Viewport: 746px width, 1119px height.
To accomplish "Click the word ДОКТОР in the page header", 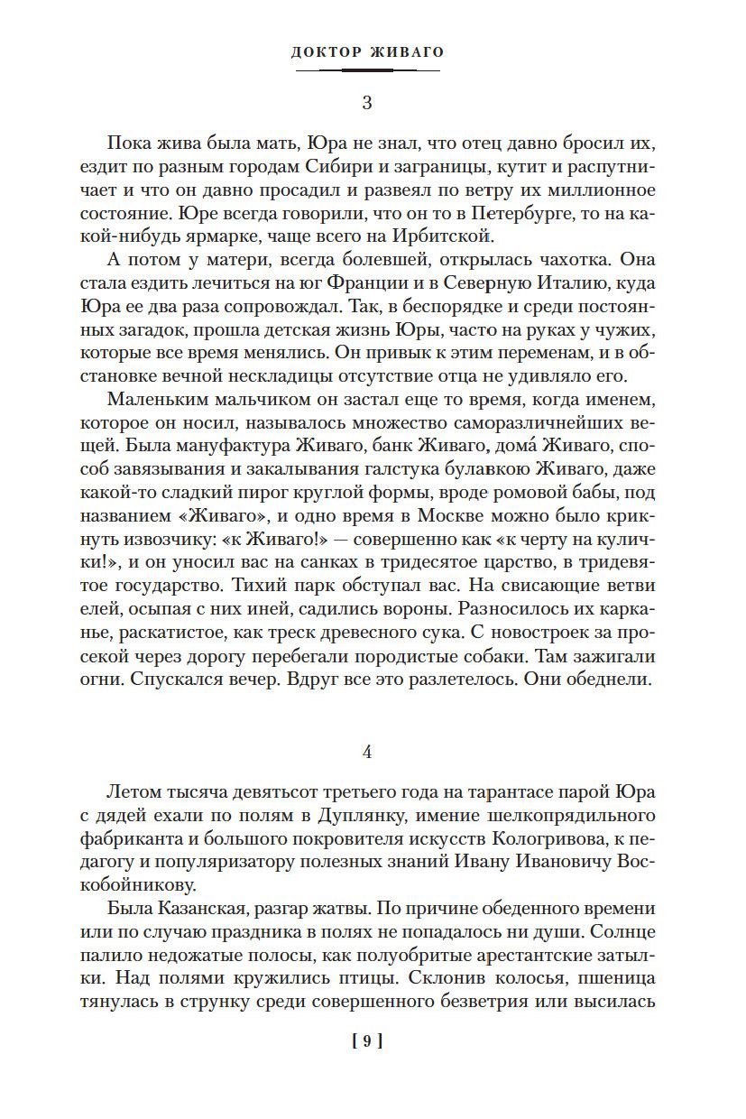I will click(x=327, y=52).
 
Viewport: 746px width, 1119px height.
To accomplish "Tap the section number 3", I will click(x=366, y=103).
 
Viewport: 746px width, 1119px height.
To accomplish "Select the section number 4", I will click(x=366, y=752).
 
